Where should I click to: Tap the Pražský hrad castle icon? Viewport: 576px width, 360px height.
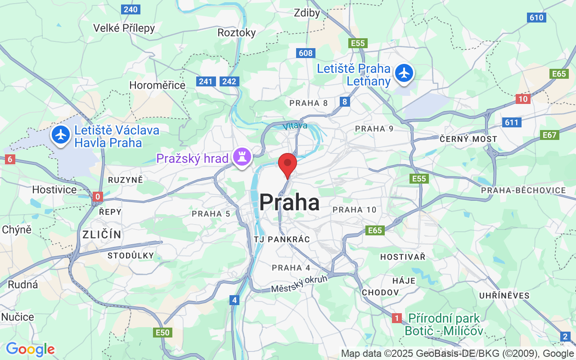[x=242, y=158]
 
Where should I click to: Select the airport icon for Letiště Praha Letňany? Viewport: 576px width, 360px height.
[x=404, y=73]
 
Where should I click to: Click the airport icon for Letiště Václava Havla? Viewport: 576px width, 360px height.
[x=61, y=135]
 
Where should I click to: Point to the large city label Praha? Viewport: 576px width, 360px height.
[x=289, y=202]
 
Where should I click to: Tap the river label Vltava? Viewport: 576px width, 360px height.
[x=295, y=126]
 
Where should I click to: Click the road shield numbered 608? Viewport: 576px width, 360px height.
[x=305, y=53]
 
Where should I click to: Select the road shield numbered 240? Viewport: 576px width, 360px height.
[x=130, y=9]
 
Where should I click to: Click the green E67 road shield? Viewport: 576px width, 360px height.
[x=549, y=135]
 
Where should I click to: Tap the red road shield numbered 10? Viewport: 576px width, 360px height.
[x=523, y=99]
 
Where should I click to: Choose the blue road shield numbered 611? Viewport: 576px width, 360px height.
[x=512, y=122]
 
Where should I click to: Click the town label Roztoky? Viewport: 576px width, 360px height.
[x=236, y=32]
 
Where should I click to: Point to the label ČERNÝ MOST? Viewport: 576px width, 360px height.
[x=468, y=139]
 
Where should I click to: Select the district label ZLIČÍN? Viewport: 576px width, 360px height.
[x=102, y=234]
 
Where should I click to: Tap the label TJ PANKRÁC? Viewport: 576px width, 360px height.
[x=282, y=239]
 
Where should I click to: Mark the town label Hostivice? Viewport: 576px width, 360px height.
[x=54, y=189]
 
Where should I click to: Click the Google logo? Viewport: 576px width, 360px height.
[x=30, y=349]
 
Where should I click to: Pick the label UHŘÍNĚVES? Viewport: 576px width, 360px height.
[x=504, y=296]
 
